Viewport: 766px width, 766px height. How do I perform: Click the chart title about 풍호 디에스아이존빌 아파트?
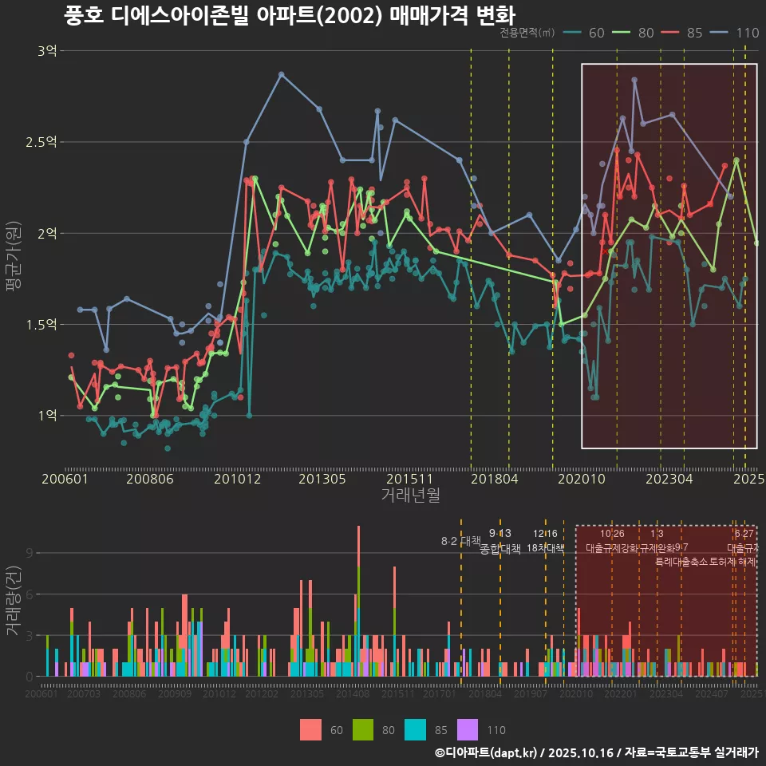289,15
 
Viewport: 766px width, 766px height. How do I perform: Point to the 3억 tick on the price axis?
46,51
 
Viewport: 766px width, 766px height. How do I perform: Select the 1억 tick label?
46,416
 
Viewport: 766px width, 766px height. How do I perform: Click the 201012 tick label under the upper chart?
237,480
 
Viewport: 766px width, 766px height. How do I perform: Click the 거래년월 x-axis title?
410,496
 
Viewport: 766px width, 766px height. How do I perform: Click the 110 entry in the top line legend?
748,33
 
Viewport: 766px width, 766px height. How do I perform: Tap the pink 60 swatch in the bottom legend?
311,729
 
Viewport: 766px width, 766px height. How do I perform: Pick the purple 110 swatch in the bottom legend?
467,729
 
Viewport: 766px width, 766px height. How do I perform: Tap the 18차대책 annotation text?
546,549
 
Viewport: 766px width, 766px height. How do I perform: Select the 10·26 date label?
612,534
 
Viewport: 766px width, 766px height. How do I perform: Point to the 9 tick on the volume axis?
30,553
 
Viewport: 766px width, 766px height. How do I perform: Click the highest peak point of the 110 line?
281,74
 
